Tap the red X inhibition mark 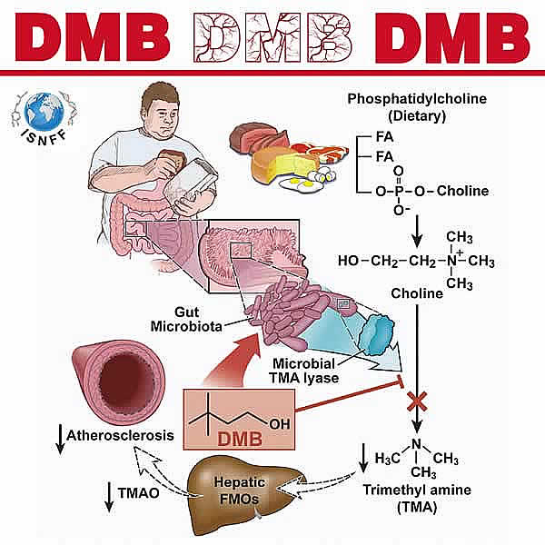click(x=416, y=398)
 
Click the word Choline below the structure click(x=416, y=294)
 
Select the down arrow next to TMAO click(x=106, y=496)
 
